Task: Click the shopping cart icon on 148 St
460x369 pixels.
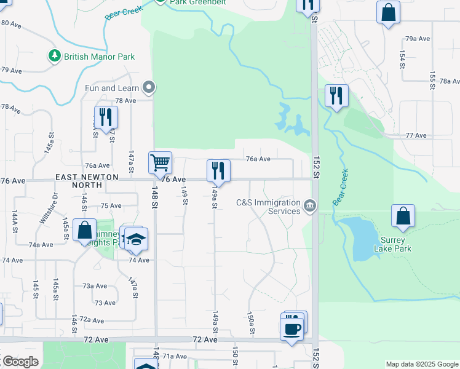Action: point(160,163)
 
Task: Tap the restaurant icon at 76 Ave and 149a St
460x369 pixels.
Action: point(218,170)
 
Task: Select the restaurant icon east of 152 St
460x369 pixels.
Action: point(336,95)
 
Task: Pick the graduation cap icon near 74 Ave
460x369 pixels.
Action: point(136,240)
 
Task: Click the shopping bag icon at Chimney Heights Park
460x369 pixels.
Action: point(84,231)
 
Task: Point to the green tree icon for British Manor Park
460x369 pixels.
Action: point(55,57)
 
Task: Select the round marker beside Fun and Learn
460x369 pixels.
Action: point(148,88)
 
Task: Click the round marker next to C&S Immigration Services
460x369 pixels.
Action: point(310,205)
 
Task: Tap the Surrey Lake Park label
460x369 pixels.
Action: point(392,244)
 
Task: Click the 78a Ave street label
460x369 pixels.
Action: point(449,81)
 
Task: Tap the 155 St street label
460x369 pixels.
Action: point(432,79)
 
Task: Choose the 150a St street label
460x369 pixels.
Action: point(252,323)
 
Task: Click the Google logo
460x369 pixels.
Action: point(20,362)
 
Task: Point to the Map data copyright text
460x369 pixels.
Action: point(421,364)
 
